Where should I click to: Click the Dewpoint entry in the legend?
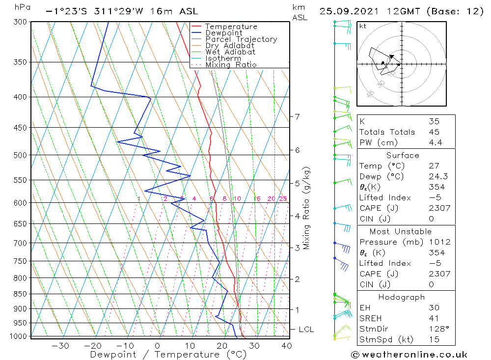(x=223, y=33)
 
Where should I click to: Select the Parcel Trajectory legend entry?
(x=241, y=39)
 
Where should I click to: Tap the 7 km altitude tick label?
(x=297, y=116)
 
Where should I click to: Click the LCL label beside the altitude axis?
(x=306, y=329)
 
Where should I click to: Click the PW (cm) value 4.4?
(x=436, y=142)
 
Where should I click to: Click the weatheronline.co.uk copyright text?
(x=409, y=355)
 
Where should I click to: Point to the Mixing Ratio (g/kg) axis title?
(x=307, y=208)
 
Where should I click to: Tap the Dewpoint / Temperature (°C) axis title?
(x=168, y=355)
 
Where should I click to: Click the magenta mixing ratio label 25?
(x=283, y=198)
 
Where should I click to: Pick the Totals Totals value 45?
(x=434, y=132)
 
